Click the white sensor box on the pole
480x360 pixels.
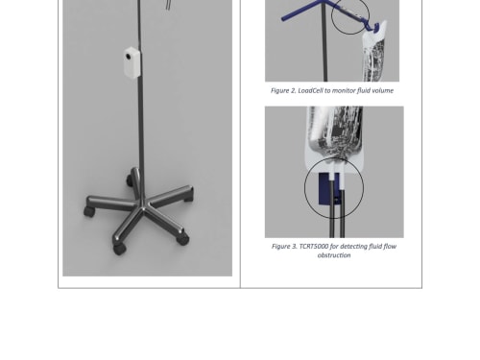click(132, 62)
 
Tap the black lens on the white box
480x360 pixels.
click(129, 57)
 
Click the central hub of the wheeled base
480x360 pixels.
click(141, 204)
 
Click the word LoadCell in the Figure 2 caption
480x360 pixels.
click(310, 90)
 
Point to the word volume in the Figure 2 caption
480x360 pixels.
click(383, 90)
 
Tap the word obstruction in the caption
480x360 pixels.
click(334, 255)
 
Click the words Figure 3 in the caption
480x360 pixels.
click(284, 247)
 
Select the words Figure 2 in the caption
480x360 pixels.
click(283, 90)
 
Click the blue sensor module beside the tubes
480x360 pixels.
click(325, 189)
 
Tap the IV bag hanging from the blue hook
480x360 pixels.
click(373, 53)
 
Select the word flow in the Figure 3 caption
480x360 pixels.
click(390, 247)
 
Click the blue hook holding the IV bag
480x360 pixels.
click(372, 26)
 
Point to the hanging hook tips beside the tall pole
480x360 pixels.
click(168, 5)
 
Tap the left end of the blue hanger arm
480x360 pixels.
click(283, 19)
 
